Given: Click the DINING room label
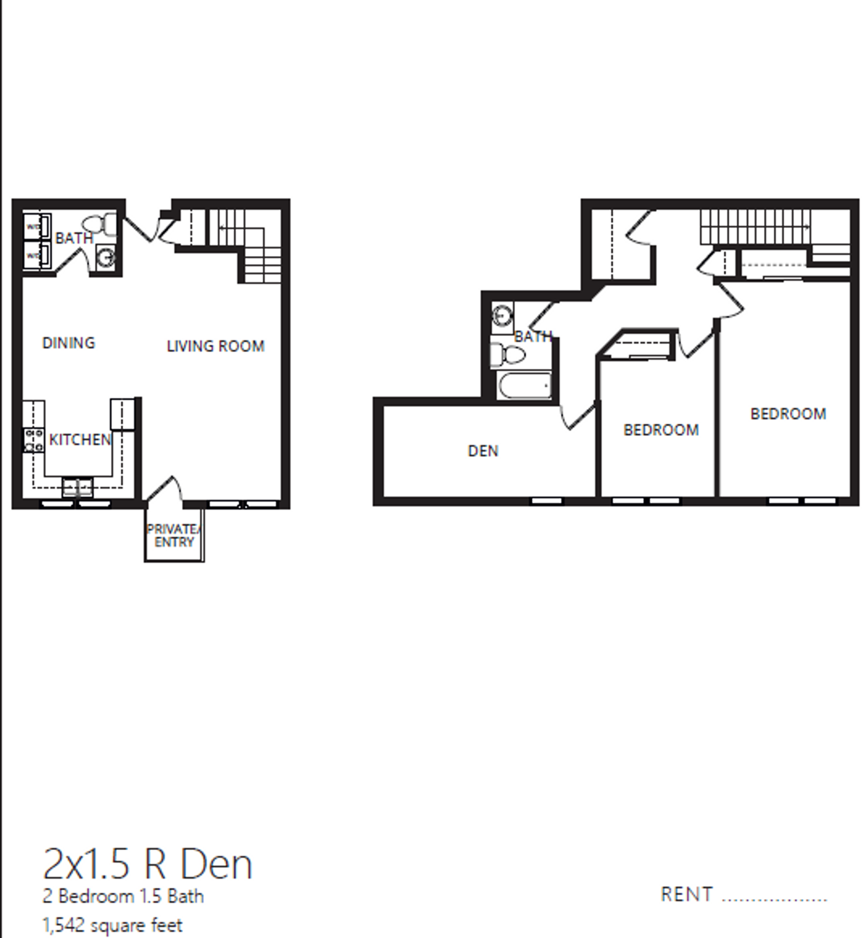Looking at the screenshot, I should (68, 343).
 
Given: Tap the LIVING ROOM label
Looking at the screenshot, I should (216, 346).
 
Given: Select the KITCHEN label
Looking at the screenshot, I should (80, 440).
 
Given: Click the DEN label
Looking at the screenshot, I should (483, 451).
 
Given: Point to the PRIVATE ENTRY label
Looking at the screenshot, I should (173, 536).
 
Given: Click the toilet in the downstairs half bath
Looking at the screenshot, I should (100, 225).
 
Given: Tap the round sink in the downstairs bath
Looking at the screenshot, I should (106, 257).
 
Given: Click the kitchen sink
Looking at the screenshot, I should (77, 487).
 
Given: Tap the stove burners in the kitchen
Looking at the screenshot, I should (33, 440).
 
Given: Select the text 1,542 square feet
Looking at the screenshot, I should (112, 925).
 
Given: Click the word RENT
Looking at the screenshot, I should (687, 895).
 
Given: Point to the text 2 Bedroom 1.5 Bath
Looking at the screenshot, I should (123, 896).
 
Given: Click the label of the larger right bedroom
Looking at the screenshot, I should (788, 414).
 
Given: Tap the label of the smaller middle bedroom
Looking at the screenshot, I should (661, 430).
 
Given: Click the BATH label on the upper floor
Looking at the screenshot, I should (533, 336).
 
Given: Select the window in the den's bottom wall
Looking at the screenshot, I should (546, 501).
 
